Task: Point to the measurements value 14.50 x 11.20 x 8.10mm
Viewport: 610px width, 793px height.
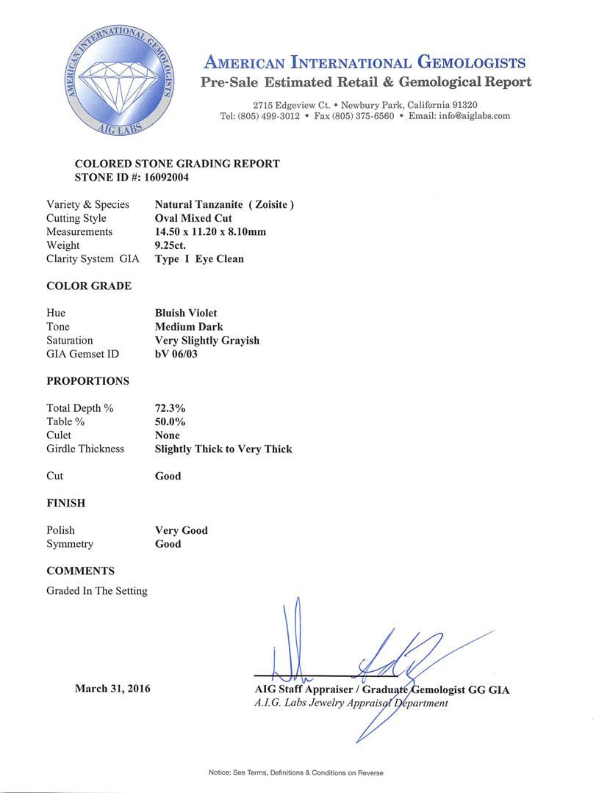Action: [210, 232]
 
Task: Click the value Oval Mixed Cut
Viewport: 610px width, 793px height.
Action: [193, 218]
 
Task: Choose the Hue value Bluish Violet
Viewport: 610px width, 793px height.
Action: [186, 313]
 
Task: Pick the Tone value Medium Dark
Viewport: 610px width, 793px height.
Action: [189, 327]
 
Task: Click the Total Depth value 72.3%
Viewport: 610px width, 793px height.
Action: [171, 408]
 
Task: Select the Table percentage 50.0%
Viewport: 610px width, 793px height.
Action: [171, 421]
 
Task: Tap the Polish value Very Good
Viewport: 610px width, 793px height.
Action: [182, 530]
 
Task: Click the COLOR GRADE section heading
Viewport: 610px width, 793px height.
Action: [89, 286]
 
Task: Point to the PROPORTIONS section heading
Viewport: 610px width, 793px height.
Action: [87, 381]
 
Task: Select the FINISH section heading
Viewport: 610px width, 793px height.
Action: [66, 503]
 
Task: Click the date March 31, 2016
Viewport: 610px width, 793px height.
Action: [112, 689]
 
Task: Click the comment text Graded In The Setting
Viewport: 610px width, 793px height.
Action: [97, 590]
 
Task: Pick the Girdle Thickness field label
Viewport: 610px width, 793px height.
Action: [85, 449]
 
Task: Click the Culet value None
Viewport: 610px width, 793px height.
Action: [168, 435]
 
